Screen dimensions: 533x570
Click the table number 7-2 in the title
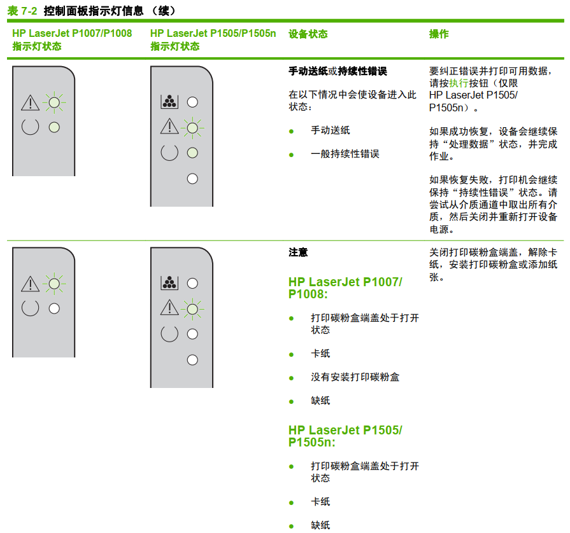coord(29,11)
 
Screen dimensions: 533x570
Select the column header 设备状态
coord(308,34)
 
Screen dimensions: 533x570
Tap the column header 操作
coord(439,34)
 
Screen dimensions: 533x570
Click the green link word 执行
coord(458,83)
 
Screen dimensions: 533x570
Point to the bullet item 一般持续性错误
coord(345,153)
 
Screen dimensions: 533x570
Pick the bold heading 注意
coord(298,253)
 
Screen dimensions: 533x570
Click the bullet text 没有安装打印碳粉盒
coord(355,377)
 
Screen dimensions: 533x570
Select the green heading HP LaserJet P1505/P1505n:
coord(345,436)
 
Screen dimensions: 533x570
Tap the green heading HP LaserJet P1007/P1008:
coord(345,287)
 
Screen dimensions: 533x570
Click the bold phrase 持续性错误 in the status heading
coord(362,71)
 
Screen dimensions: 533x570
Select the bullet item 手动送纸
coord(330,130)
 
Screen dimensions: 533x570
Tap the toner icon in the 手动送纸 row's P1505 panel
coord(169,102)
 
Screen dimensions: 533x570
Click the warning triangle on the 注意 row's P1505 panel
coord(169,308)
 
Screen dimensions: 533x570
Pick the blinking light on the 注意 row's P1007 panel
coord(54,284)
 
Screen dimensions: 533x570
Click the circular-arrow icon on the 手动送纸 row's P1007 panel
coord(30,127)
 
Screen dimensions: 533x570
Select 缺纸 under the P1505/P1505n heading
coord(320,525)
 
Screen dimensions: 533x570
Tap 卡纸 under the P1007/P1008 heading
coord(320,354)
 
